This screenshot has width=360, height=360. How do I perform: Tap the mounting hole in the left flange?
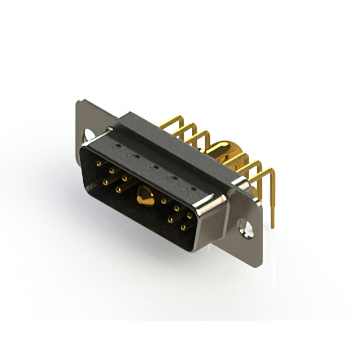(88, 135)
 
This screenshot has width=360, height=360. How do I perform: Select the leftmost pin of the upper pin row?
(99, 163)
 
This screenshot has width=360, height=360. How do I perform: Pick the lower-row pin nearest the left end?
(105, 182)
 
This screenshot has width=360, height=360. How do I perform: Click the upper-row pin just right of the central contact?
(164, 200)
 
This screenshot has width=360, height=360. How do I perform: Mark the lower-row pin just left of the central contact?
(118, 190)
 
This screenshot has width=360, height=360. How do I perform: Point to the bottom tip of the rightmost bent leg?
(272, 226)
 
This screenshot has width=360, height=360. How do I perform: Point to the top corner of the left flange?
(79, 101)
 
